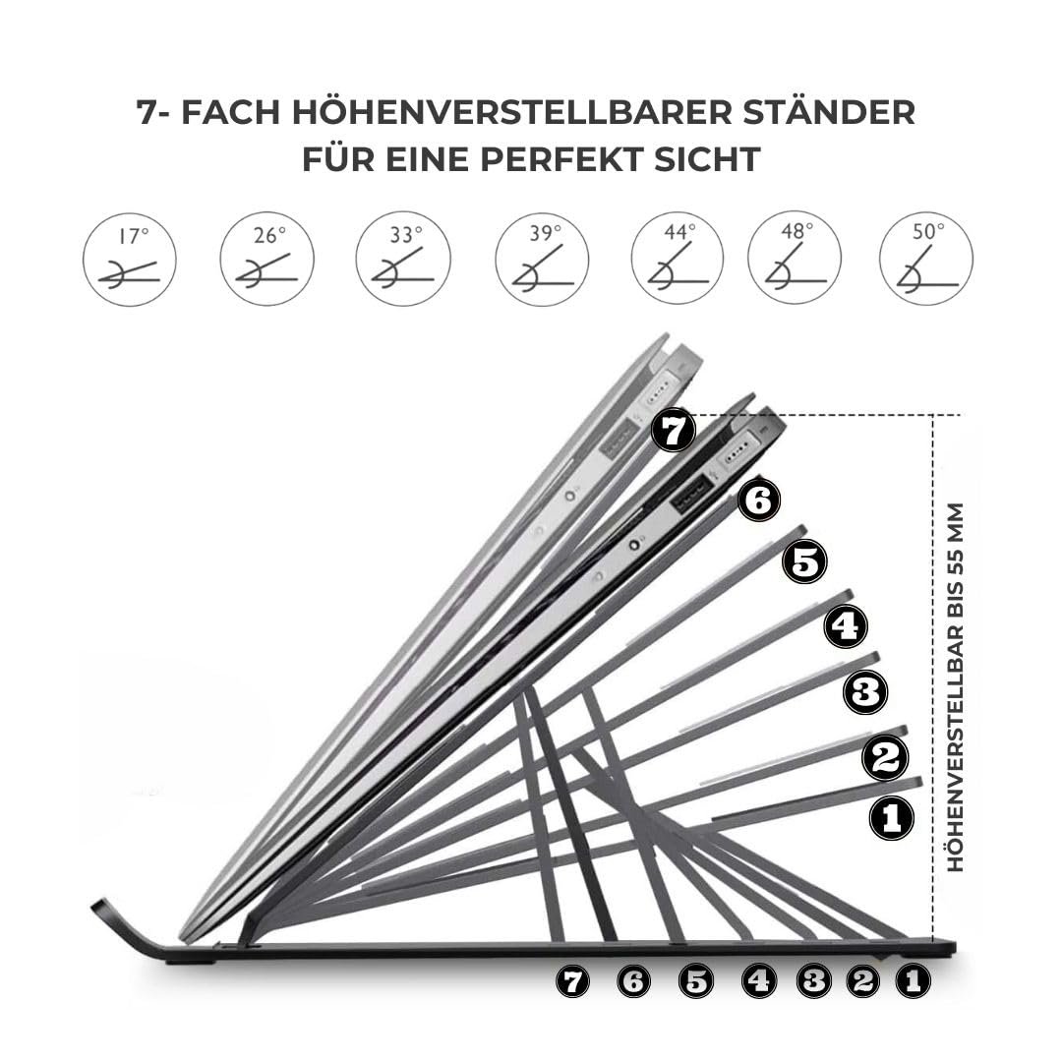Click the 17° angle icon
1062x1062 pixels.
coord(130,260)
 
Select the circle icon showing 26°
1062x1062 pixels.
coord(266,260)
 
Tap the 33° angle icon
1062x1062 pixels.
coord(403,260)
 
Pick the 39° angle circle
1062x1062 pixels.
coord(542,260)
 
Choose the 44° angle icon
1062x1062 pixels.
coord(677,260)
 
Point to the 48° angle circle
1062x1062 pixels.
coord(795,260)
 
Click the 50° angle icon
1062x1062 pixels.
coord(926,260)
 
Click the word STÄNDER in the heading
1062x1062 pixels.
coord(829,112)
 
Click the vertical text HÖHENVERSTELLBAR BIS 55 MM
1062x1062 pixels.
coord(954,686)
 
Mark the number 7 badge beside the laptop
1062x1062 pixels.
coord(673,432)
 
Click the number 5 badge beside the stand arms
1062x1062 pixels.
coord(804,562)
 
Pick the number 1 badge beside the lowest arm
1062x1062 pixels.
coord(891,818)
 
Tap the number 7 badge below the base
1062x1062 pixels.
coord(573,981)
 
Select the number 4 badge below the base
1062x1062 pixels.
coord(758,980)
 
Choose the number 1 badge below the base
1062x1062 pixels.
coord(913,980)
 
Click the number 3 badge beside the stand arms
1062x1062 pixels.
coord(865,692)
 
